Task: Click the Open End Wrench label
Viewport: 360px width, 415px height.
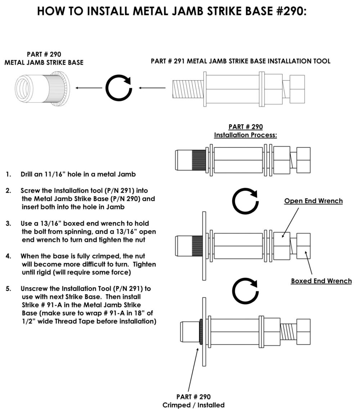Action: (313, 201)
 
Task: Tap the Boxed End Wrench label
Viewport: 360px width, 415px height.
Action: (321, 281)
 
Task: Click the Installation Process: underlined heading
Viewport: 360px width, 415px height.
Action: (245, 135)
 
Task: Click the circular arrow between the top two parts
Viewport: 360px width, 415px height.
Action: (118, 88)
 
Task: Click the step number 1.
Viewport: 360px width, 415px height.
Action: (8, 175)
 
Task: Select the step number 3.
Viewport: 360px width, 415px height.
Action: (8, 224)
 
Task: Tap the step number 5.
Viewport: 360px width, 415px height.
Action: (8, 289)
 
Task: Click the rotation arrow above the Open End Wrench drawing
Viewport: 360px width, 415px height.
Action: (245, 202)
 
